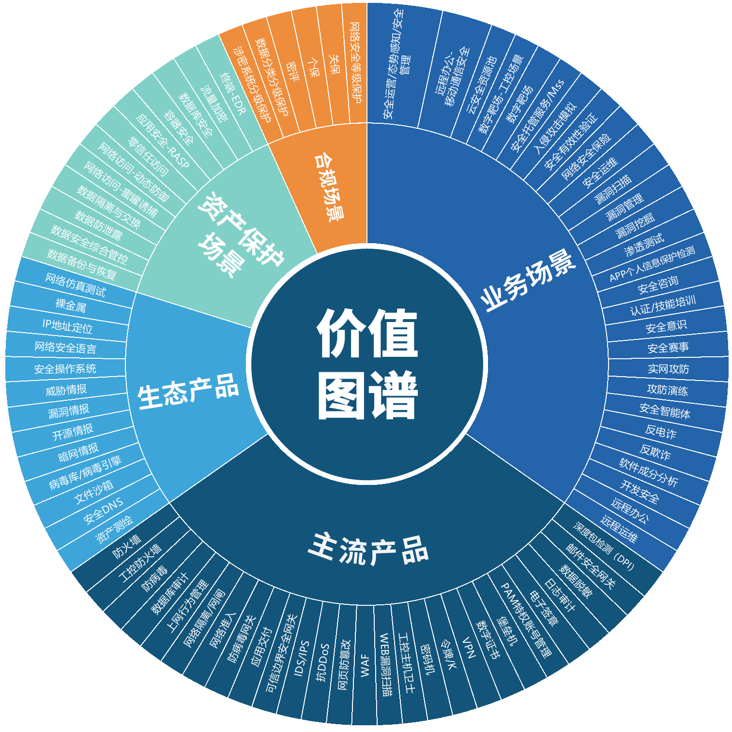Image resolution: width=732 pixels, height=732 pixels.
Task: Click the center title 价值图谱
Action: pyautogui.click(x=367, y=365)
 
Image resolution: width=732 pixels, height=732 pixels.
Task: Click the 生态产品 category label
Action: pyautogui.click(x=188, y=392)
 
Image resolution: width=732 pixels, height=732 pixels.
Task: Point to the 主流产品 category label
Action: pyautogui.click(x=368, y=549)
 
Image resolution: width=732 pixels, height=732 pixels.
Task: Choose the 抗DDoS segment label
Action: pyautogui.click(x=323, y=662)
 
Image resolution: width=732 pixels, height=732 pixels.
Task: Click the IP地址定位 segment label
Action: pyautogui.click(x=67, y=326)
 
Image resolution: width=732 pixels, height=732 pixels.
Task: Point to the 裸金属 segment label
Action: pyautogui.click(x=71, y=305)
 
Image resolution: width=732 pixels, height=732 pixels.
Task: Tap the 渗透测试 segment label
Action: pyautogui.click(x=644, y=245)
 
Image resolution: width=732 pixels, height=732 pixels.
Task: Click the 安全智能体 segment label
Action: pyautogui.click(x=665, y=411)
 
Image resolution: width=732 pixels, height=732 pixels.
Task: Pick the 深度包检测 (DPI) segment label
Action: pyautogui.click(x=603, y=546)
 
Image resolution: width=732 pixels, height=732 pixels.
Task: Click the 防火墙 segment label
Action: pyautogui.click(x=127, y=546)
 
